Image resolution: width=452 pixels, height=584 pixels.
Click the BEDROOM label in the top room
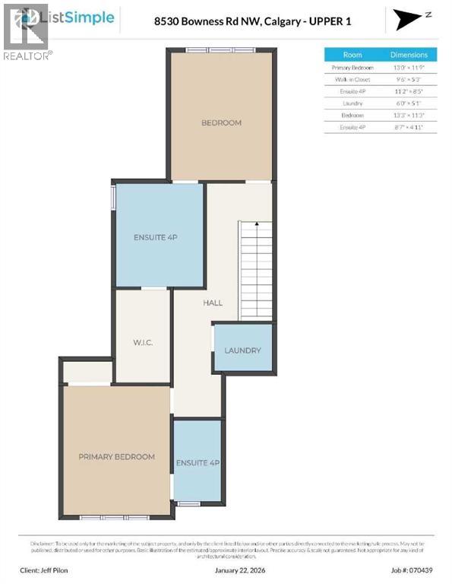coord(221,123)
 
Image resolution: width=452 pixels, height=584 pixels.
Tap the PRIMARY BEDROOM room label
coord(116,457)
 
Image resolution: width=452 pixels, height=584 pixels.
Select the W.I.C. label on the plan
coord(143,343)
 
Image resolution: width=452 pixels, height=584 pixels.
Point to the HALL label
coord(213,303)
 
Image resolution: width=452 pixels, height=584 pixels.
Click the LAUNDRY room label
coord(242,351)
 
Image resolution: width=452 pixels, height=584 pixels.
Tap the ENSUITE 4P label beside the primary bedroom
coord(198,462)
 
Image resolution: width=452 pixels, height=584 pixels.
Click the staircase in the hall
coord(256,271)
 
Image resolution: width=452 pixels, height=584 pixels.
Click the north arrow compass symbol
coord(411,18)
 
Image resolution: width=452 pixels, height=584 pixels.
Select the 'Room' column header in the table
coord(353,55)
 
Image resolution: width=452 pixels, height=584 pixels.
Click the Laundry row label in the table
coord(353,103)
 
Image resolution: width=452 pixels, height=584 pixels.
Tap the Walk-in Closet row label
coord(353,79)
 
